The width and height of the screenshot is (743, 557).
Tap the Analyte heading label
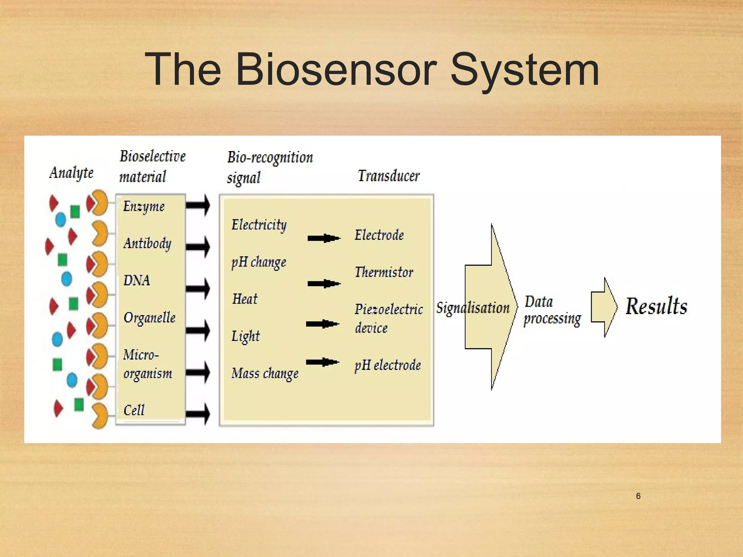(x=71, y=173)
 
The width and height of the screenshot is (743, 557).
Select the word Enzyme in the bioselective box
(x=144, y=207)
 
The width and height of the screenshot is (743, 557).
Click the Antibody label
(x=147, y=243)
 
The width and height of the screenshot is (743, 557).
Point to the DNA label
(x=137, y=280)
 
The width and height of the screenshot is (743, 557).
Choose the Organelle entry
(x=149, y=318)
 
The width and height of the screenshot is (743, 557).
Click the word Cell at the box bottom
(x=134, y=410)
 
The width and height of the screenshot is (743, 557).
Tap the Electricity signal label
(x=259, y=225)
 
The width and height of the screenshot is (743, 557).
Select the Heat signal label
(x=245, y=299)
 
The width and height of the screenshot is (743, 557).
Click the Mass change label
(x=265, y=374)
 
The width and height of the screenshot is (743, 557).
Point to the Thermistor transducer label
(x=384, y=272)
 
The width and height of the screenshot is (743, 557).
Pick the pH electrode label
(x=387, y=365)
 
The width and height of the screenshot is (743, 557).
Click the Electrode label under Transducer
(x=379, y=235)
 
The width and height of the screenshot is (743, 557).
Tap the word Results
(x=656, y=306)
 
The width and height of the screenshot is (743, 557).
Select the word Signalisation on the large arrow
(x=473, y=308)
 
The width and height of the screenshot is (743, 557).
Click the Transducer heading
(x=389, y=176)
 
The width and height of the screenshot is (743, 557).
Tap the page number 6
(x=638, y=496)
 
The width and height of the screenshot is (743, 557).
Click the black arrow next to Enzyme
(x=198, y=205)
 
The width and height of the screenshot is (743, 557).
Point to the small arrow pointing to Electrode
(x=324, y=238)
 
